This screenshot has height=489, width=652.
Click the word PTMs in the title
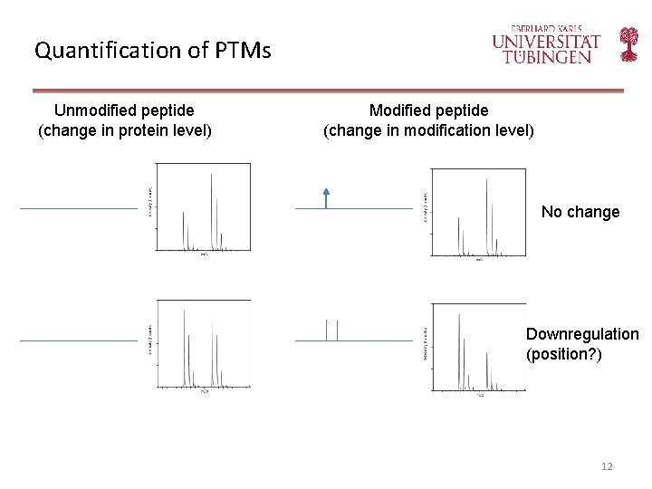(244, 50)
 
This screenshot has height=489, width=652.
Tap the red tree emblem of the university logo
(628, 43)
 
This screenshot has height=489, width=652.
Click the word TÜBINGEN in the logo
(548, 56)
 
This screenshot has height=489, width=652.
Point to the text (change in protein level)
(125, 130)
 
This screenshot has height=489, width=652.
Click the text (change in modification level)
(428, 130)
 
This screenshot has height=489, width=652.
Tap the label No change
(580, 212)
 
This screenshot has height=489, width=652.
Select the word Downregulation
(582, 334)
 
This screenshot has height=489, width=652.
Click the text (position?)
(563, 354)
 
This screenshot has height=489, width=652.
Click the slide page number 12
(607, 466)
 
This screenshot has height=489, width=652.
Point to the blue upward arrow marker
(326, 197)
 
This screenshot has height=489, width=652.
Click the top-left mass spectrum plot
(202, 208)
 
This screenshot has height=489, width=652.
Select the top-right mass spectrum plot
(477, 213)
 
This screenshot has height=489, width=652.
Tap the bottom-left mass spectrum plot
(202, 344)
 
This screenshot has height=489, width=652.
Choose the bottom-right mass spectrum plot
(477, 349)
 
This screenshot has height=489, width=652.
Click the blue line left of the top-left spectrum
(79, 208)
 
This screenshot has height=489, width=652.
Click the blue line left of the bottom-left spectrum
(79, 340)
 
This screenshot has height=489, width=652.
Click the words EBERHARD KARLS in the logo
(547, 28)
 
